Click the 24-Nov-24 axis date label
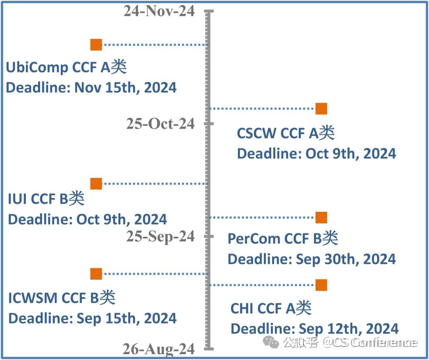159,11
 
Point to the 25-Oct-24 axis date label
160,124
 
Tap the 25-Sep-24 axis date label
160,236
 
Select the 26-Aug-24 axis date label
158,349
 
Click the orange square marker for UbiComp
96,45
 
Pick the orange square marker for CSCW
321,108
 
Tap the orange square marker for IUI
96,184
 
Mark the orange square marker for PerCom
321,217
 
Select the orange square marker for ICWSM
96,274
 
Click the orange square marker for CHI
321,285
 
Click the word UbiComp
37,68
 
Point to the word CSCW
256,134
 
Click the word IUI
17,199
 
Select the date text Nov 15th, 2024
126,88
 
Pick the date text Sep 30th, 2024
346,259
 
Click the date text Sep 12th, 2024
348,329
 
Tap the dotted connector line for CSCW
262,108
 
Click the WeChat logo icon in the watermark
273,342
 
